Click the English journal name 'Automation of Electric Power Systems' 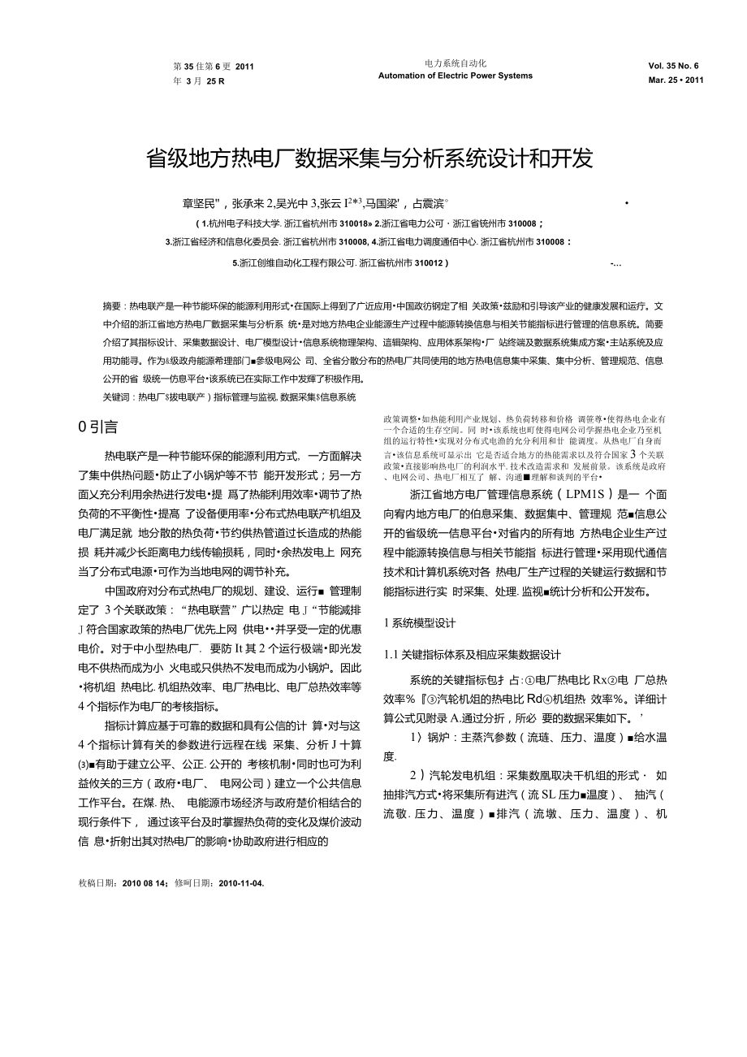456,76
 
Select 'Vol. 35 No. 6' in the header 673,66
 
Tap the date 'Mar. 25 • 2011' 676,80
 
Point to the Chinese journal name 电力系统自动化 456,63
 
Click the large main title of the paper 369,158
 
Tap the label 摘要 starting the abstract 112,306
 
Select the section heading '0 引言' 97,427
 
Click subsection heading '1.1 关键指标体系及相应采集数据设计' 472,655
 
